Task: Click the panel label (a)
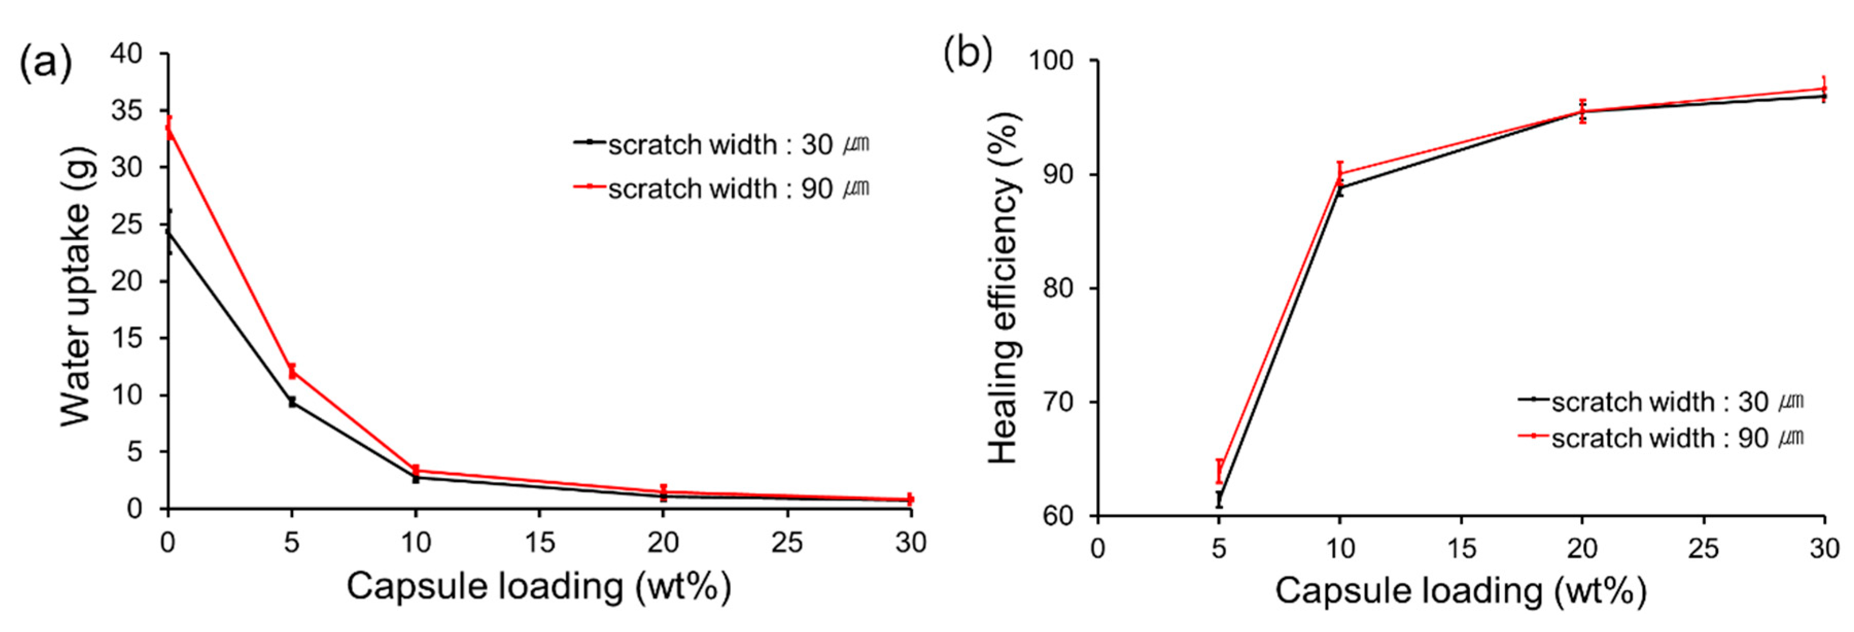coord(45,63)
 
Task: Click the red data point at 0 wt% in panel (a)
coord(168,128)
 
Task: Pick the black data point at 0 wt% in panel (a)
coord(168,232)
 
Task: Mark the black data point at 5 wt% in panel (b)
coord(1218,499)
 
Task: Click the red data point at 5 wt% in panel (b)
coord(1218,471)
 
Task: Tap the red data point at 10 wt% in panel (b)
coord(1339,173)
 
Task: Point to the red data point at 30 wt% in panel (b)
coord(1823,89)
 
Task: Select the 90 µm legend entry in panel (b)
coord(1661,437)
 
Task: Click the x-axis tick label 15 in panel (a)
coord(539,542)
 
